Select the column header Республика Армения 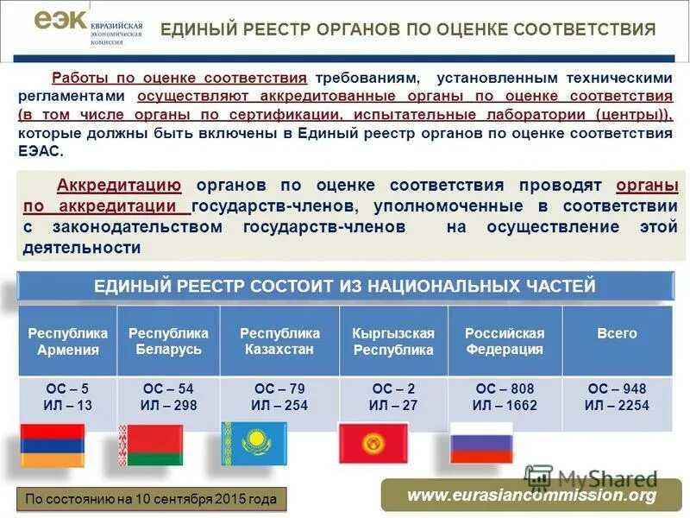click(x=68, y=341)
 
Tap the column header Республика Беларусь click(x=168, y=341)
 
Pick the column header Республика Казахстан click(x=279, y=341)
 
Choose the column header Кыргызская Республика click(x=393, y=341)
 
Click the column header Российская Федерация click(x=505, y=341)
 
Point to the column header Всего click(x=617, y=333)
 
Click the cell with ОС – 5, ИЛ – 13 click(x=68, y=397)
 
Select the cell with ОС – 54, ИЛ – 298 click(x=168, y=397)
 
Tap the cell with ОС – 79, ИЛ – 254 click(x=279, y=397)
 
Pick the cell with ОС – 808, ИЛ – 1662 click(x=505, y=397)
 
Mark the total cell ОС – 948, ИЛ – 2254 click(x=617, y=397)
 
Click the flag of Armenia click(x=52, y=445)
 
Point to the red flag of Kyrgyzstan click(x=373, y=443)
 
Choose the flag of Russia click(x=481, y=442)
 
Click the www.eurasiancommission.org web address click(x=531, y=496)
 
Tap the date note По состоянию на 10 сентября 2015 click(x=151, y=499)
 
